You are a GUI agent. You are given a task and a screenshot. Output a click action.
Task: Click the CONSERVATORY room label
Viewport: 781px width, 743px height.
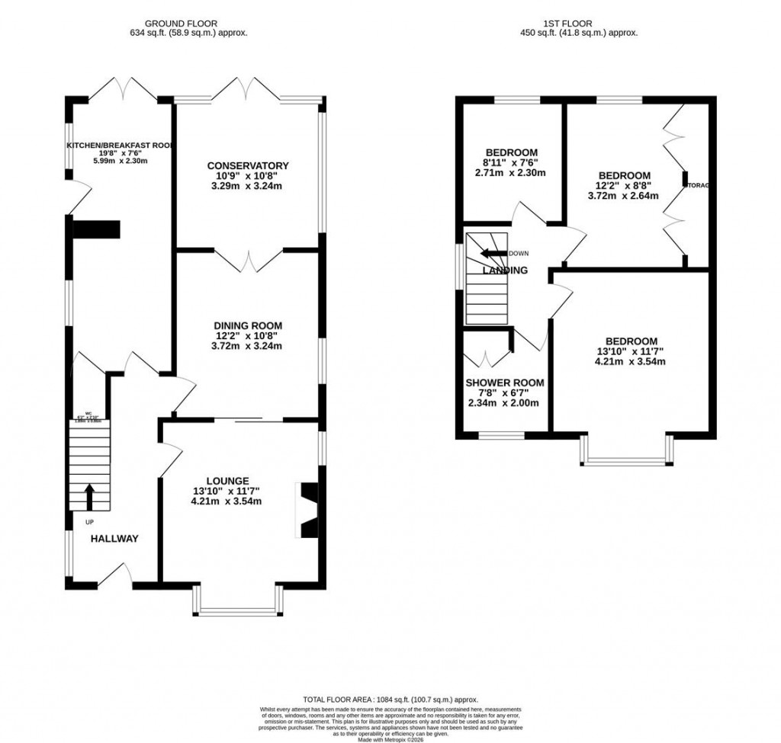(248, 165)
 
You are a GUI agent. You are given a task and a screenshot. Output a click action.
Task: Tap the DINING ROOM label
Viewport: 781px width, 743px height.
(248, 325)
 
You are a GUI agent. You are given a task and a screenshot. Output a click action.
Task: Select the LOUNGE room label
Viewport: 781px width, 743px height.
(227, 481)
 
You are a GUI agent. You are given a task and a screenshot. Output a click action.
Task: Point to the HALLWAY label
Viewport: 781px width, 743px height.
(115, 539)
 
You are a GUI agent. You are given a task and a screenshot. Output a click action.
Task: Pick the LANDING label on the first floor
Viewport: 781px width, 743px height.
(505, 271)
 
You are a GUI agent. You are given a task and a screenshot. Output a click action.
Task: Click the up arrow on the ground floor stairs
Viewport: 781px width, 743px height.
(89, 496)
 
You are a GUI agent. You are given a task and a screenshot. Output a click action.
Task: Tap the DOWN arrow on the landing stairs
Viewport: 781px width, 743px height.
(493, 254)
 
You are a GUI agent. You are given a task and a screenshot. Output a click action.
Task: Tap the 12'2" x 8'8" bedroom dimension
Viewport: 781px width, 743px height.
(624, 185)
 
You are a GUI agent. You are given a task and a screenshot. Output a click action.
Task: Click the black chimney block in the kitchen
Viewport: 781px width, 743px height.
(96, 229)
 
